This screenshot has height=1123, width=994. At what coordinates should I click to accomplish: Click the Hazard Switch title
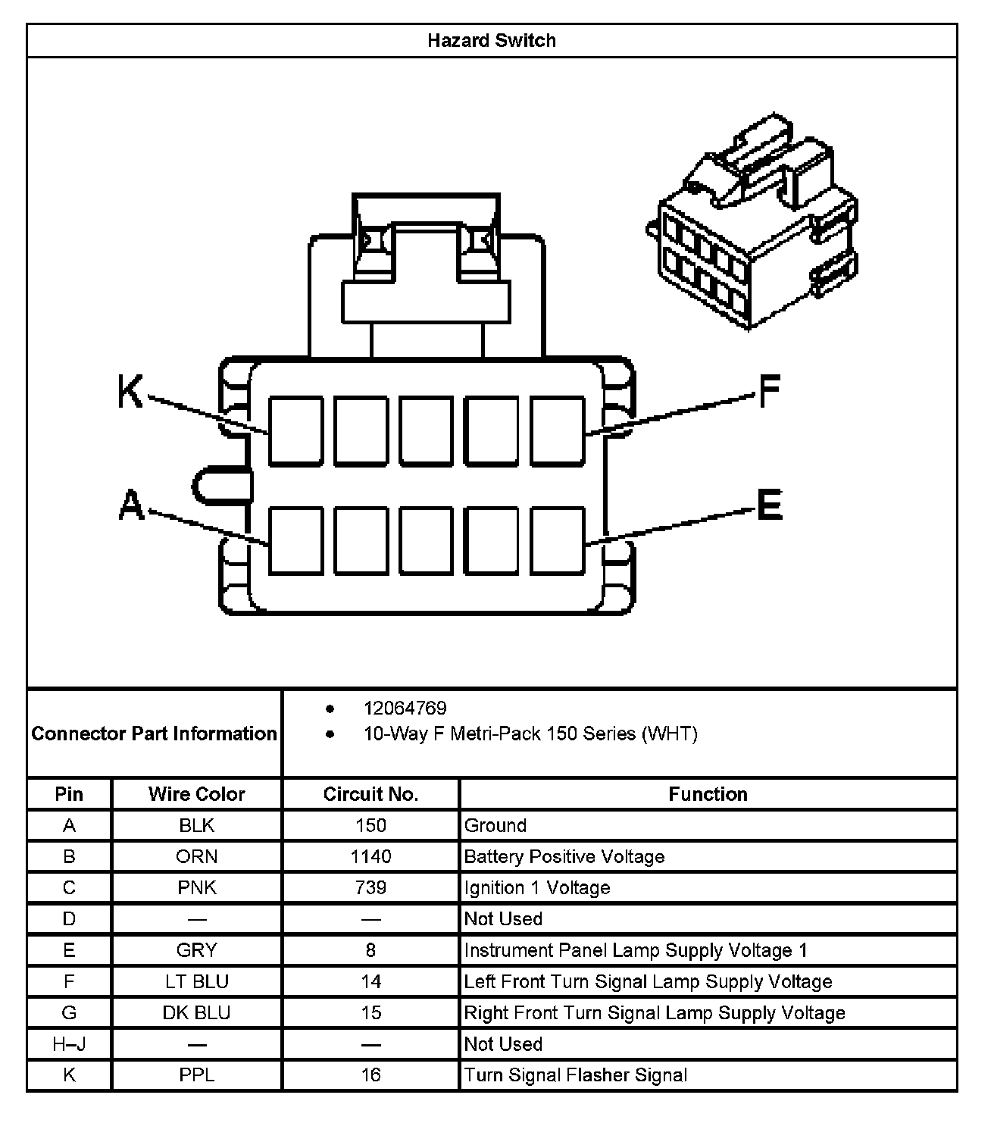click(491, 40)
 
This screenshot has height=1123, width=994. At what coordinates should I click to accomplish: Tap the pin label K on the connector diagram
click(130, 393)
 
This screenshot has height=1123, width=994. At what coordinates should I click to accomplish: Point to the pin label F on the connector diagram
click(769, 392)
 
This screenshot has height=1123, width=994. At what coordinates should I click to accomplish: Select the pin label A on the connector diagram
click(132, 505)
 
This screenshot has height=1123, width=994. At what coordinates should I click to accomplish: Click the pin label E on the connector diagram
click(769, 505)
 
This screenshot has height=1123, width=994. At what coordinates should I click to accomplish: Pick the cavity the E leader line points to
click(558, 540)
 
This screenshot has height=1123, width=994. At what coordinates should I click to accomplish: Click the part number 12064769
click(405, 709)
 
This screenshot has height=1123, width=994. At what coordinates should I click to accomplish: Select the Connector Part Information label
click(155, 734)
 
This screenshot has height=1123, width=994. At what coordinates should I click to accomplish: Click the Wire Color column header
click(196, 794)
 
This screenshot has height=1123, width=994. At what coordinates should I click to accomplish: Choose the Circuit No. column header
click(370, 794)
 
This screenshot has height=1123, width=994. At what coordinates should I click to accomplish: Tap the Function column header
click(708, 794)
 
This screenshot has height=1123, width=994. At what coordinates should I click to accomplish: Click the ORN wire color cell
click(196, 856)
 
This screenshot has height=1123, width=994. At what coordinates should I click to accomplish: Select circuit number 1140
click(370, 856)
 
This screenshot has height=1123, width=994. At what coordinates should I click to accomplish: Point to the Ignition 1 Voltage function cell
click(537, 887)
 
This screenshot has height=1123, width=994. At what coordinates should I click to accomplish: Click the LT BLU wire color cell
click(196, 981)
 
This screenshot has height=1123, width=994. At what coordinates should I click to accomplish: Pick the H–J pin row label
click(69, 1044)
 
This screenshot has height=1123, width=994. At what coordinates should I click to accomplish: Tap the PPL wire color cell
click(196, 1075)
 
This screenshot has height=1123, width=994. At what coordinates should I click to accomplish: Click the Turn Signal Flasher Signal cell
click(576, 1075)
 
